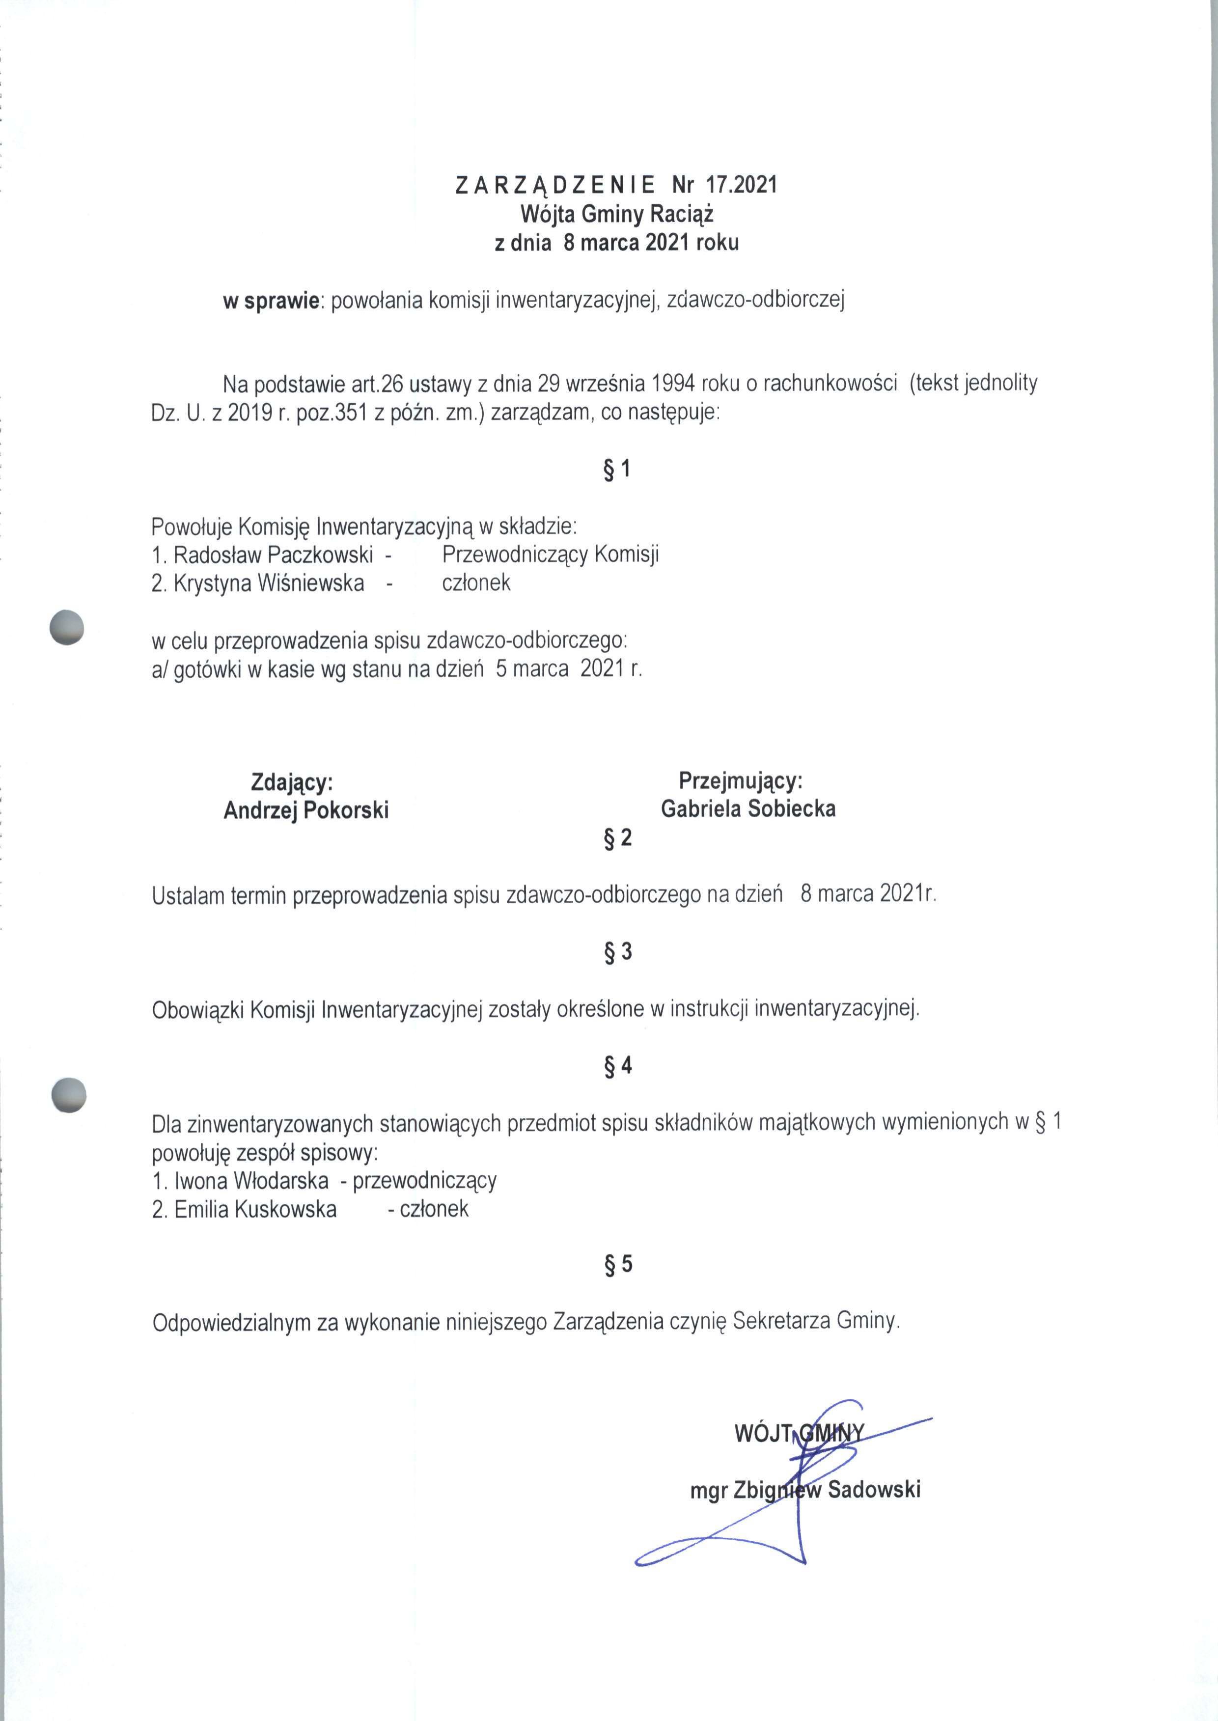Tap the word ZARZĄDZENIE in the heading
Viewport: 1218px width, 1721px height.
555,185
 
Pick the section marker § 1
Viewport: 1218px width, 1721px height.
616,470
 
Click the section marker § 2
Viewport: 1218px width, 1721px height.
617,837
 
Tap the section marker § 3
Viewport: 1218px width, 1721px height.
617,952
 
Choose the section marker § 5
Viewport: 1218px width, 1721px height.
617,1264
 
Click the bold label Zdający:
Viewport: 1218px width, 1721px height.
292,782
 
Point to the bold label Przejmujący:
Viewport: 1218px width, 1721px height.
740,780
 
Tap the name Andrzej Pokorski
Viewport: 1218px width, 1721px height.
306,810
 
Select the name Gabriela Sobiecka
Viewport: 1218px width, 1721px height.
748,808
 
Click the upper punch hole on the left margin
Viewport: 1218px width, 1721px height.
66,626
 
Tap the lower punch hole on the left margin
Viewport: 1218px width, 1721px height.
68,1095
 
